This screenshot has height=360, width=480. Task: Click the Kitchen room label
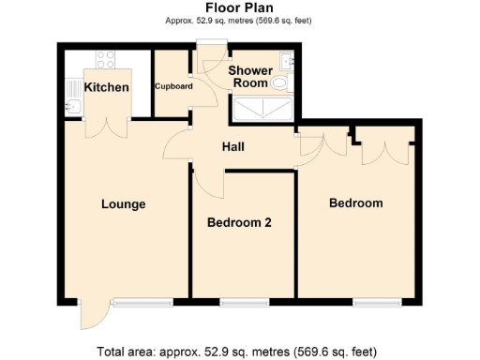click(x=106, y=87)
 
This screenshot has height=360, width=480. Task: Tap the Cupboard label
click(x=173, y=87)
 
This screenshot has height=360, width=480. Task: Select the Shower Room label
click(x=250, y=77)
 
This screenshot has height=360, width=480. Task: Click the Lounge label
click(x=124, y=203)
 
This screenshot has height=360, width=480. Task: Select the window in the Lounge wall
click(x=142, y=302)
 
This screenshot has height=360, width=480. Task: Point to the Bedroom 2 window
click(x=246, y=302)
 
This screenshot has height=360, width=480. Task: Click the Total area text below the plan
click(x=239, y=352)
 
